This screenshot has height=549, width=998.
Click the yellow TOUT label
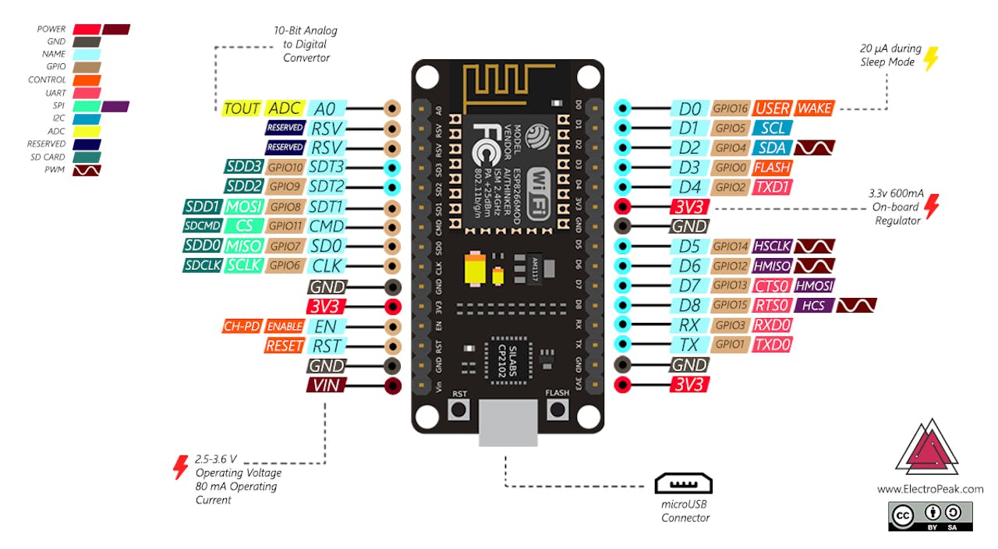(242, 108)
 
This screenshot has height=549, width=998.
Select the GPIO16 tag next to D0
(731, 108)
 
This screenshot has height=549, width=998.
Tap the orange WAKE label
(814, 108)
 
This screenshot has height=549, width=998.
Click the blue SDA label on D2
(771, 147)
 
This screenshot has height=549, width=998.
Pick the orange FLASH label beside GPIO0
(772, 167)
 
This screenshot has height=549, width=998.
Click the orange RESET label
(285, 345)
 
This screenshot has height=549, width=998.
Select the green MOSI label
(243, 207)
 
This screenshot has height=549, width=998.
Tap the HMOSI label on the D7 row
(813, 285)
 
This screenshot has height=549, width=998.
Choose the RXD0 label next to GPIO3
(772, 325)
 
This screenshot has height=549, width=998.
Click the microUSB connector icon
(683, 484)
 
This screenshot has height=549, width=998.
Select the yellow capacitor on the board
(474, 270)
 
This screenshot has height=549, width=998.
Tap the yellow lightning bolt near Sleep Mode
(931, 58)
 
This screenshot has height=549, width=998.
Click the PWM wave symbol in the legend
(87, 169)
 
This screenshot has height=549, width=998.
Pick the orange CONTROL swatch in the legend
(87, 80)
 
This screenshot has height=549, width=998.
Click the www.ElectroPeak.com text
(929, 489)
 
